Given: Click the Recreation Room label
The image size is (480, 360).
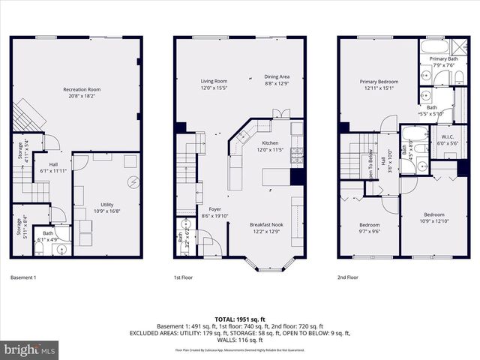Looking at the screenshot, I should (82, 89).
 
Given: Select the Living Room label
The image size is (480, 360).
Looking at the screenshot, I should (214, 81).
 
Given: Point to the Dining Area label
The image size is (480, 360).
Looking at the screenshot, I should (277, 76).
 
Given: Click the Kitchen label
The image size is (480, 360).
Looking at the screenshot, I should (269, 142).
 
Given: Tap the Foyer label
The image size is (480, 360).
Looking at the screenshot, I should (204, 210).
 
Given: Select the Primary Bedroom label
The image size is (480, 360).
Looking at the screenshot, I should (378, 82).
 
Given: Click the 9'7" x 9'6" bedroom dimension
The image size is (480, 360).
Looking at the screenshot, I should (368, 232).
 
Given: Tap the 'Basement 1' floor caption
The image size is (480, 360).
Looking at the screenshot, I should (23, 277).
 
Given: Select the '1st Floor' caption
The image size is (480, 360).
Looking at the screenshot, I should (184, 277).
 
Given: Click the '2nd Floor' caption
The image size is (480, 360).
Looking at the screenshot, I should (348, 277).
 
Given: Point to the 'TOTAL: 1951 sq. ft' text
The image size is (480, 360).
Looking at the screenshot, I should (240, 318).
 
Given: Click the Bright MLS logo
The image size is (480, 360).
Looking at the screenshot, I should (30, 349).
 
